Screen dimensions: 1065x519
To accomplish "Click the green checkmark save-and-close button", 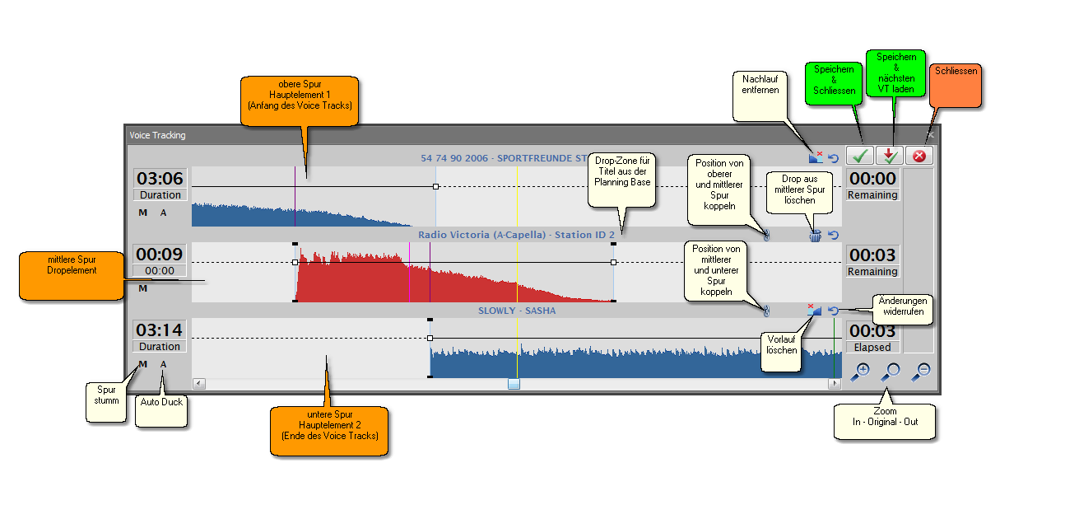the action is [859, 156].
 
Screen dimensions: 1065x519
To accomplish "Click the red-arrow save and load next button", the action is [890, 156].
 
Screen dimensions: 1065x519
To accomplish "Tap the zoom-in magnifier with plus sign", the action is [860, 372].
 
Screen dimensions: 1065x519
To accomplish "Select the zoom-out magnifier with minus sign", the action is [921, 372].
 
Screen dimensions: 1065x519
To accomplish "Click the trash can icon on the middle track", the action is [816, 236].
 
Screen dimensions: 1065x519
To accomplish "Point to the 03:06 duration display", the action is [160, 179].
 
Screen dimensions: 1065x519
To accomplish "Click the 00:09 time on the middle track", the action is [160, 254].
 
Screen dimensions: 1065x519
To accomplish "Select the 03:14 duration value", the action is [160, 330].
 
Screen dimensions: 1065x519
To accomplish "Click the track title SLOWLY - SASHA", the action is [517, 311].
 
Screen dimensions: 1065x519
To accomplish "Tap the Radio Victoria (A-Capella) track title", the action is [516, 235].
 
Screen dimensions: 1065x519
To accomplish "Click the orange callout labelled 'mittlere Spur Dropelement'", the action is [72, 276].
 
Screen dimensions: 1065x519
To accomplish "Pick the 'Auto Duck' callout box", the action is [161, 411].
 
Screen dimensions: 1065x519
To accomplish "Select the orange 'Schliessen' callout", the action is [956, 86].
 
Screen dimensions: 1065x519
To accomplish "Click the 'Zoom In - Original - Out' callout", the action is [885, 422].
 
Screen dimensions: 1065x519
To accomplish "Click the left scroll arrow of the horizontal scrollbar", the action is [199, 383].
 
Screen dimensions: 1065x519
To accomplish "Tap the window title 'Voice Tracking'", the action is [157, 135].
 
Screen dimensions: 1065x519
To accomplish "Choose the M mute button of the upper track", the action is [142, 213].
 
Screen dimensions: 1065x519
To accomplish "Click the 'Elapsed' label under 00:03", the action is [872, 348].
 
